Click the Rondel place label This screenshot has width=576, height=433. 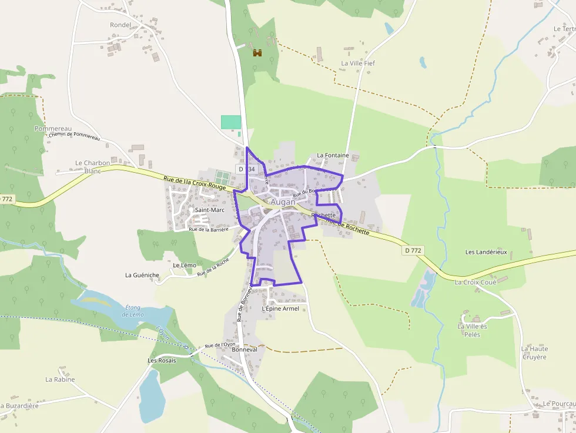point(120,25)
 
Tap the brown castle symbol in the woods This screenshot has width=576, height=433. point(257,53)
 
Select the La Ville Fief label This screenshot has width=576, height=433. point(358,63)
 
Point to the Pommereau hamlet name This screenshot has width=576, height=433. point(53,129)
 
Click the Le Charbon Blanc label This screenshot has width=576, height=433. point(93,167)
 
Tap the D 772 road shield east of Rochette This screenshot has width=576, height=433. point(413,250)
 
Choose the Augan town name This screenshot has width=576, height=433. point(283,202)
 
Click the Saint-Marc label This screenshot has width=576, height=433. point(210,210)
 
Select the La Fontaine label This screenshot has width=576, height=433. point(333,156)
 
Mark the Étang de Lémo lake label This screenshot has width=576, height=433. point(133,311)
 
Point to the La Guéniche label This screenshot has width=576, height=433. point(142,275)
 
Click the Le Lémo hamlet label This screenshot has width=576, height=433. point(185,266)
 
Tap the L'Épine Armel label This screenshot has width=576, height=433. point(280,308)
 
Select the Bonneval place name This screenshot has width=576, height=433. point(245,349)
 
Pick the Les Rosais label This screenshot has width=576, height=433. point(162,360)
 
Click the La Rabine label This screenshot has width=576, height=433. point(60,380)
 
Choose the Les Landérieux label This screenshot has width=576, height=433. point(486,252)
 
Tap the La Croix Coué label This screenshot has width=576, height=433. point(475,282)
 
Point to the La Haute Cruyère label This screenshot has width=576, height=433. point(534,353)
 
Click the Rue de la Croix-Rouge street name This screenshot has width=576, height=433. point(195,183)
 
